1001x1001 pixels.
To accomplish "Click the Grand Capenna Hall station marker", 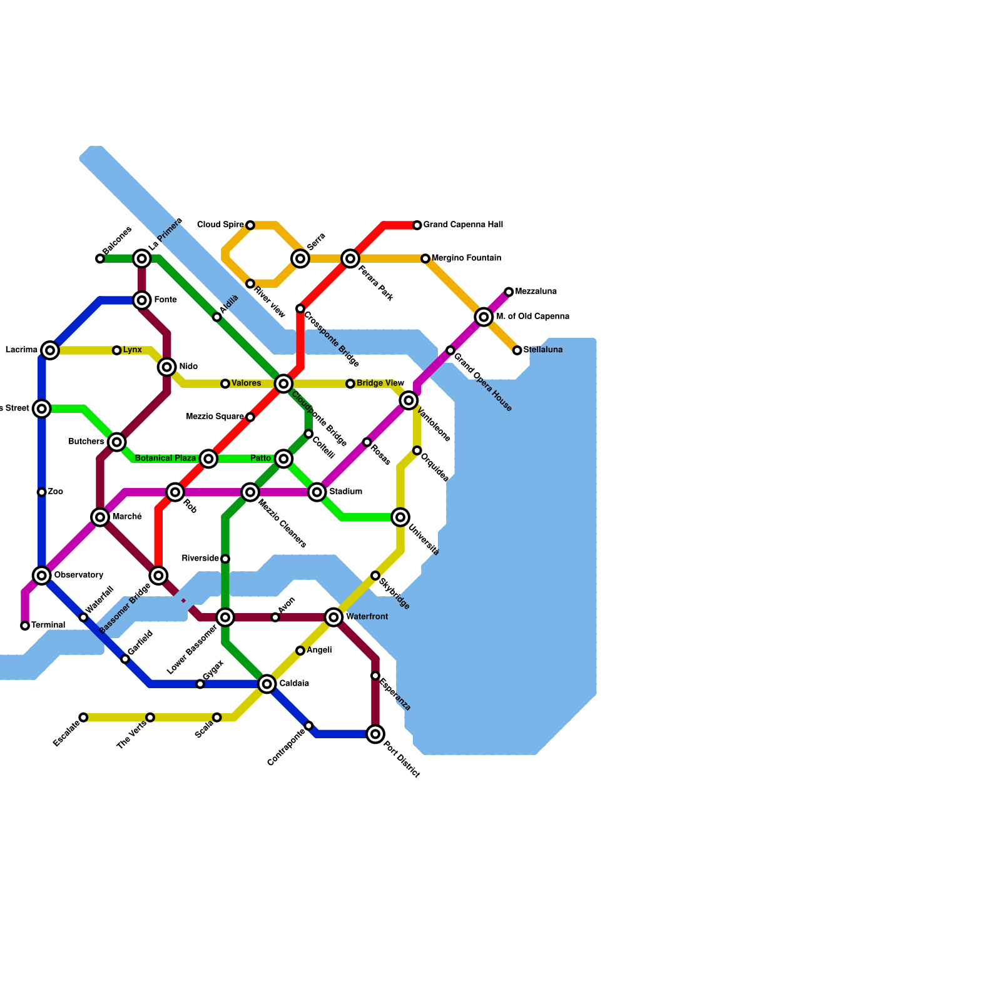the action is [417, 225].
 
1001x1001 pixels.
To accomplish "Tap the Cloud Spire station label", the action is [220, 225].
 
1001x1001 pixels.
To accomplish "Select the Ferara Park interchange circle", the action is [350, 258].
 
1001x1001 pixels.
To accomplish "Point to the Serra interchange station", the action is [300, 258].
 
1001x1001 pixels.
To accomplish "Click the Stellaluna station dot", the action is [517, 350].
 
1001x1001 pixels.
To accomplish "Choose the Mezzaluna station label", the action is [536, 292].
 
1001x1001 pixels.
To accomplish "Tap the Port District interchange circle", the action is [375, 734].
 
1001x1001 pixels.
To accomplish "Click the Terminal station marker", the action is [25, 626].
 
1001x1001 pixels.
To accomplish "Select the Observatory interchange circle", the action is [42, 576].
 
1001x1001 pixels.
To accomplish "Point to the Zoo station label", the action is [56, 492].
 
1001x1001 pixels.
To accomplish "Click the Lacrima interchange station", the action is [50, 350].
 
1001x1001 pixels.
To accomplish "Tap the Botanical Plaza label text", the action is [166, 459].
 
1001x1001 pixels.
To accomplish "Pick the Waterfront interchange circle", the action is [334, 617].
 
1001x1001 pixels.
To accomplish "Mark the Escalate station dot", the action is [83, 718].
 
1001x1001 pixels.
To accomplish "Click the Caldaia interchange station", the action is [267, 684].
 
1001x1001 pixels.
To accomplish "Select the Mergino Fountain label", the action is [466, 258].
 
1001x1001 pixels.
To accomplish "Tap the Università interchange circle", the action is [400, 517].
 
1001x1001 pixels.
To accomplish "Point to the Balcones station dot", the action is [100, 258].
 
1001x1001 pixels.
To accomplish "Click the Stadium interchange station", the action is [317, 492].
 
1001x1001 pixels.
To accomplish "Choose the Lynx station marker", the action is [117, 350].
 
